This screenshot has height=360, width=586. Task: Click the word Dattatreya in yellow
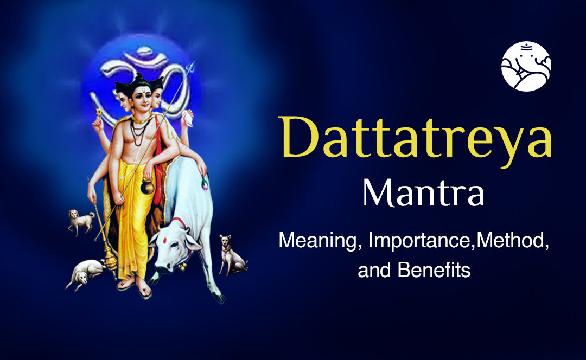tap(417, 139)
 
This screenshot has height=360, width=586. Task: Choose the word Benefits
tap(434, 269)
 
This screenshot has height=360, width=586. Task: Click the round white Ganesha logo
tap(526, 66)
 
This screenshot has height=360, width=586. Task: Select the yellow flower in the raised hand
tap(98, 113)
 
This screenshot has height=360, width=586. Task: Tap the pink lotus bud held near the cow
tap(205, 184)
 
